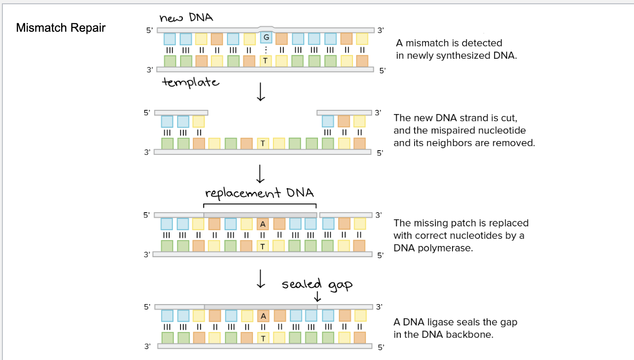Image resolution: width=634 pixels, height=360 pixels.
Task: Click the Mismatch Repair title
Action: coord(61,28)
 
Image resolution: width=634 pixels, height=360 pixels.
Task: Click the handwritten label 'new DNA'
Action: coord(186,18)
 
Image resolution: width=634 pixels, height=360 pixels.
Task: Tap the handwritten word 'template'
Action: coord(190,82)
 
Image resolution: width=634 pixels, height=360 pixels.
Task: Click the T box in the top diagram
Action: coord(265,61)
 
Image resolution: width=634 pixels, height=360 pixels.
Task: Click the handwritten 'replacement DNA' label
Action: coord(259,193)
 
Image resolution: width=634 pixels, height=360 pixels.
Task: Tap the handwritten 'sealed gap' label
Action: coord(317,284)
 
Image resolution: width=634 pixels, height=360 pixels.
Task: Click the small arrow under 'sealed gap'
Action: coord(318,297)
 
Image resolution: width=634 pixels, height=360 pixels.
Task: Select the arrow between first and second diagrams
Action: coord(260,94)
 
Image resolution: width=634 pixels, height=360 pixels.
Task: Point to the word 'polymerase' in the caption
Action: coord(451,248)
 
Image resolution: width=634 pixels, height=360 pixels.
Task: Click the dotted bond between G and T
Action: coord(266,50)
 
